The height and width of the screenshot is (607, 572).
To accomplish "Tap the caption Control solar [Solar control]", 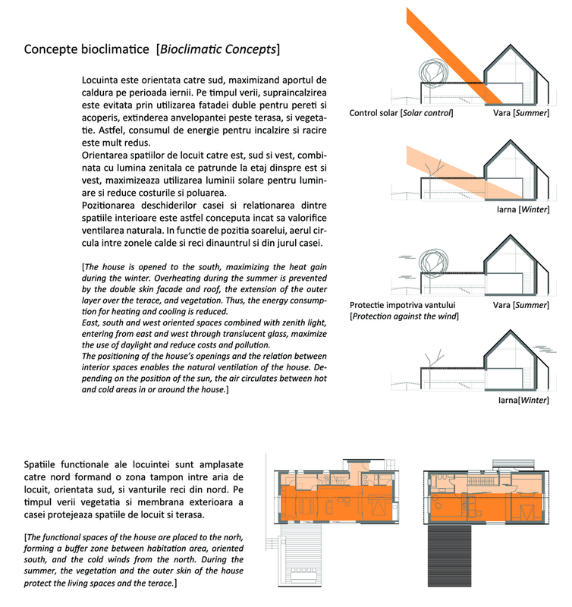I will pyautogui.click(x=401, y=114).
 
